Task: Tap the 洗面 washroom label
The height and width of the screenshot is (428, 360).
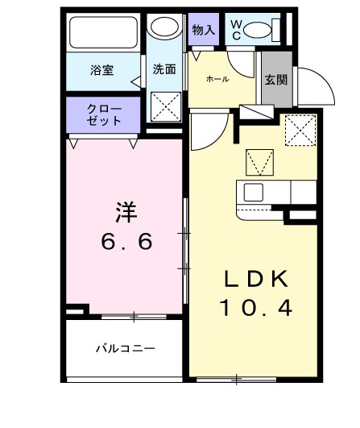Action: click(164, 69)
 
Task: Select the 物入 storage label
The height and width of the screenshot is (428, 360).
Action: click(204, 31)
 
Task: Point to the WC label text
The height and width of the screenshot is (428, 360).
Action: click(236, 30)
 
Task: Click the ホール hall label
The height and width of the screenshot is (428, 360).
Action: click(217, 78)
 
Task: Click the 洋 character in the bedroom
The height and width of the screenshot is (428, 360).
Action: click(125, 213)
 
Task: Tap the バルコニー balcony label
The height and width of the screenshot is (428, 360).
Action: click(125, 349)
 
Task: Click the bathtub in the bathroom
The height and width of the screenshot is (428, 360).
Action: click(104, 33)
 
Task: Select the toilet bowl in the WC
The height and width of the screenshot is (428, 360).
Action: click(258, 31)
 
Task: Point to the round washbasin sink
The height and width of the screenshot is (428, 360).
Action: click(165, 28)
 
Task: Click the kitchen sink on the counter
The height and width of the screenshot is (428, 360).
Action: click(253, 193)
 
